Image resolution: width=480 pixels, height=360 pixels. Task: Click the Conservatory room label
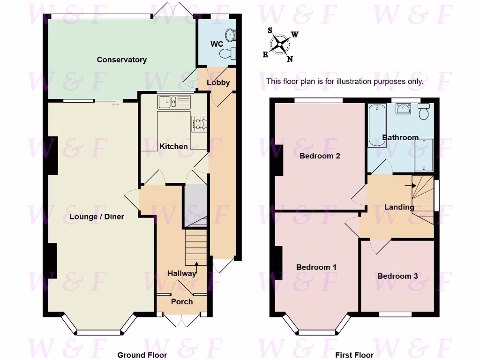121,60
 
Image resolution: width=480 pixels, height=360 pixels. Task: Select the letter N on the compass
290,59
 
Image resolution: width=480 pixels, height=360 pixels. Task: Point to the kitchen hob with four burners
199,124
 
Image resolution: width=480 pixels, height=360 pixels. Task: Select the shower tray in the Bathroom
424,155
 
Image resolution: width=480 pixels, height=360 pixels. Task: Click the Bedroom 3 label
397,276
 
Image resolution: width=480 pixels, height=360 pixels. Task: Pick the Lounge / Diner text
97,217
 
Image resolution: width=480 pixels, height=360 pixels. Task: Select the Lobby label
218,83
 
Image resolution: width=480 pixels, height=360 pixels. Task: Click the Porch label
181,301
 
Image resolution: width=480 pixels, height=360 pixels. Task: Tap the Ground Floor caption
142,355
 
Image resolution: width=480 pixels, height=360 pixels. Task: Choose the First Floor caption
354,355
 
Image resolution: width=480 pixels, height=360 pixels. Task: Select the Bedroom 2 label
320,156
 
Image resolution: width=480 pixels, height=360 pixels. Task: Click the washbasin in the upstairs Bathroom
403,109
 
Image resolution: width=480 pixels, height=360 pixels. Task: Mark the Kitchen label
173,146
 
